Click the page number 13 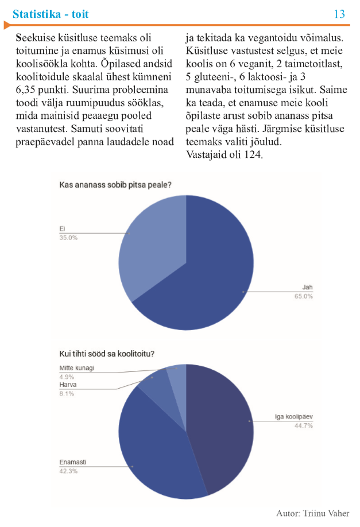click(339, 14)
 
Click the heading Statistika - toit click(51, 14)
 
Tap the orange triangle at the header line click(7, 25)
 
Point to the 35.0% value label click(68, 238)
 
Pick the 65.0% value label click(304, 296)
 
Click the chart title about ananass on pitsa click(115, 184)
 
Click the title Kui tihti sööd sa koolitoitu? click(107, 354)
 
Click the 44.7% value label click(304, 425)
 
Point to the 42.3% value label click(68, 471)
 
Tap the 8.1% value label click(67, 394)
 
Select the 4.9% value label click(67, 377)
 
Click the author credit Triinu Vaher click(326, 513)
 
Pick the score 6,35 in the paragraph click(26, 90)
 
